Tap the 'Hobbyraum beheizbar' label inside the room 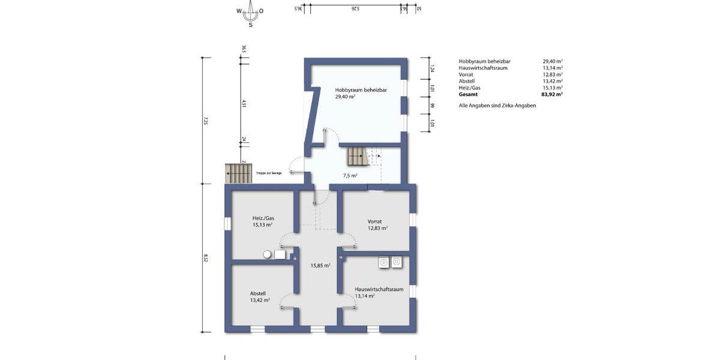[361, 89]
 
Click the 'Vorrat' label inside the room [375, 221]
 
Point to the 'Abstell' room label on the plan [258, 293]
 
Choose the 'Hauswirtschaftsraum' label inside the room [379, 289]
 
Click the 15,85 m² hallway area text [320, 265]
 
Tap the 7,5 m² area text [350, 176]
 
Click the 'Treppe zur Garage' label [269, 173]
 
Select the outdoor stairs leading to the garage [238, 173]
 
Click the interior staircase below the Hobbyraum [356, 157]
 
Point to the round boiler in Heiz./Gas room [267, 254]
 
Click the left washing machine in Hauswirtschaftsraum [383, 262]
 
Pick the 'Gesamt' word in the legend [468, 94]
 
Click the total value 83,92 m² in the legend [552, 94]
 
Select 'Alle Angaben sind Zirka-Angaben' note [497, 106]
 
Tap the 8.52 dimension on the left [205, 258]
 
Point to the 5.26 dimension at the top [355, 8]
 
